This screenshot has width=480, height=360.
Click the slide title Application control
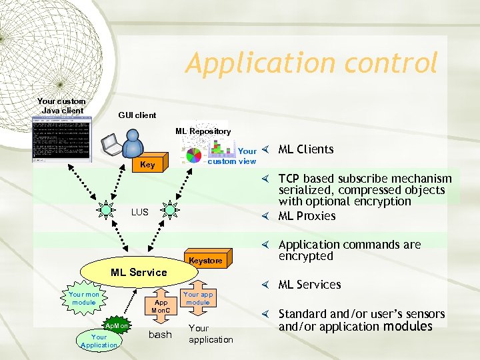(x=311, y=63)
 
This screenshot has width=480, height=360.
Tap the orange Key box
(x=147, y=164)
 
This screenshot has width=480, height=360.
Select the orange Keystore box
(x=205, y=260)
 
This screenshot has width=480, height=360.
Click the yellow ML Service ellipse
(x=139, y=272)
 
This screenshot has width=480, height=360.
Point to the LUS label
(x=140, y=212)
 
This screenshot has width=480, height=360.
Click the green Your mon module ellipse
(x=83, y=298)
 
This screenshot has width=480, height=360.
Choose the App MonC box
(x=161, y=306)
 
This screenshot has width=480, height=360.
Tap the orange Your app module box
(x=198, y=298)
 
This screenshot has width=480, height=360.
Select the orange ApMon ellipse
(x=116, y=326)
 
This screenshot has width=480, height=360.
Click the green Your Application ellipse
(x=99, y=341)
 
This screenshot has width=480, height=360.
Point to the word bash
(x=160, y=335)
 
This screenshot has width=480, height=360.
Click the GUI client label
(x=137, y=115)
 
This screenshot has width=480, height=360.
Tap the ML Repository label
(x=203, y=131)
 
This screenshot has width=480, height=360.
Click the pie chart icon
(x=193, y=155)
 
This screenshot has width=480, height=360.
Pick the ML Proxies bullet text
(x=307, y=216)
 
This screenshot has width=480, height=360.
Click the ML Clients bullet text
(x=305, y=149)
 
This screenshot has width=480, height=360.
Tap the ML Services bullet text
(x=309, y=285)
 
